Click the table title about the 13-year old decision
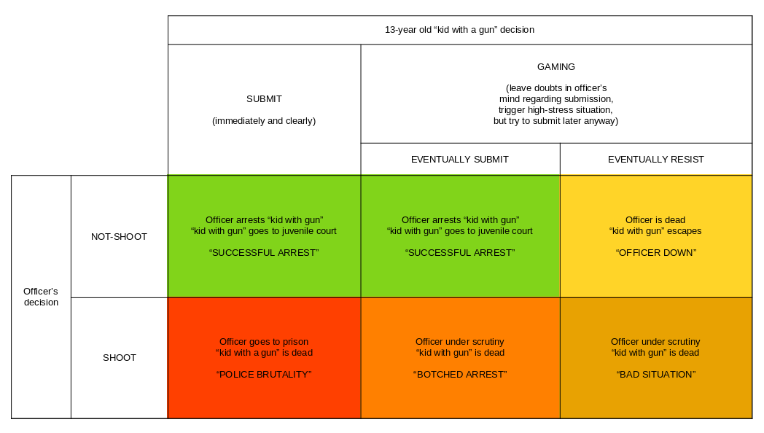tap(459, 30)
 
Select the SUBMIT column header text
tap(264, 98)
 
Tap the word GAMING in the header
tap(556, 66)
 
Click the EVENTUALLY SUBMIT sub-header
tap(460, 159)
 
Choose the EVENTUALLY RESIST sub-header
tap(656, 159)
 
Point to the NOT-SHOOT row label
tap(119, 236)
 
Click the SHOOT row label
tap(120, 357)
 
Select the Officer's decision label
tap(41, 297)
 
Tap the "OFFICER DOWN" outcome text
tap(656, 252)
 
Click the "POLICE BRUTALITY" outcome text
tap(264, 374)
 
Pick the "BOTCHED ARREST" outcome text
tap(460, 374)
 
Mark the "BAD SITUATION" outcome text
tap(655, 374)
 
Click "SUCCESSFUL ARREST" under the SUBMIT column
tap(264, 252)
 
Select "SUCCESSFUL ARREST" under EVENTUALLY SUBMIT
tap(460, 252)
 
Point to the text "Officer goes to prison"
tap(264, 341)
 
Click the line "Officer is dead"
tap(655, 219)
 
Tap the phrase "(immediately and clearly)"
tap(264, 120)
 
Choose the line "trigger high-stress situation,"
tap(556, 110)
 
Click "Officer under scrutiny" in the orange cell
tap(460, 341)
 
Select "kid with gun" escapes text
tap(655, 231)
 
